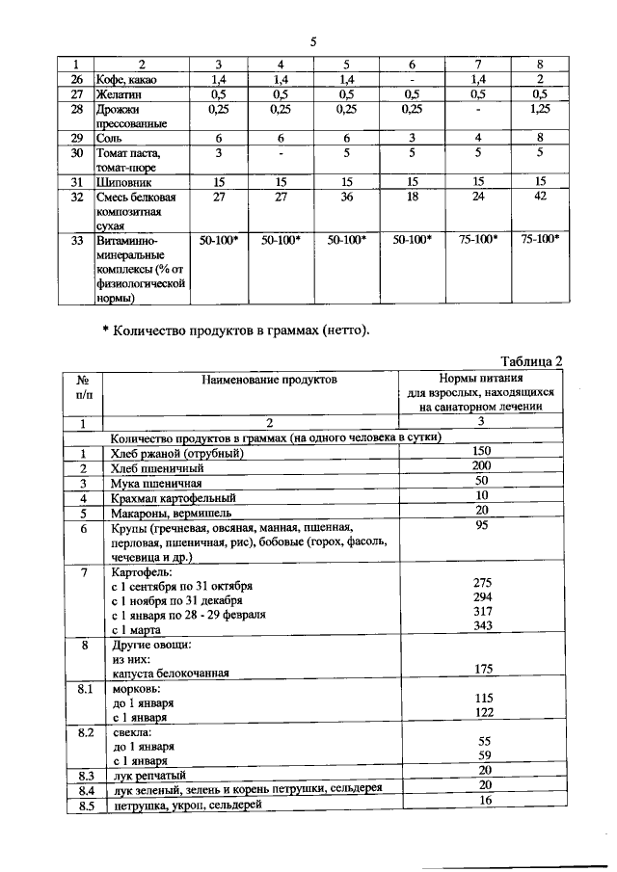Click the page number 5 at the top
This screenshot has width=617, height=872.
click(313, 41)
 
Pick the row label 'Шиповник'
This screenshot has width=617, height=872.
click(125, 180)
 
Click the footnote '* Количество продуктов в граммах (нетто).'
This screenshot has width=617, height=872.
click(236, 330)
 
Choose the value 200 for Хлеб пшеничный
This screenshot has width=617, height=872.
click(484, 466)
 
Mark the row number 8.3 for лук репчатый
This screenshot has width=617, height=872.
click(85, 774)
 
